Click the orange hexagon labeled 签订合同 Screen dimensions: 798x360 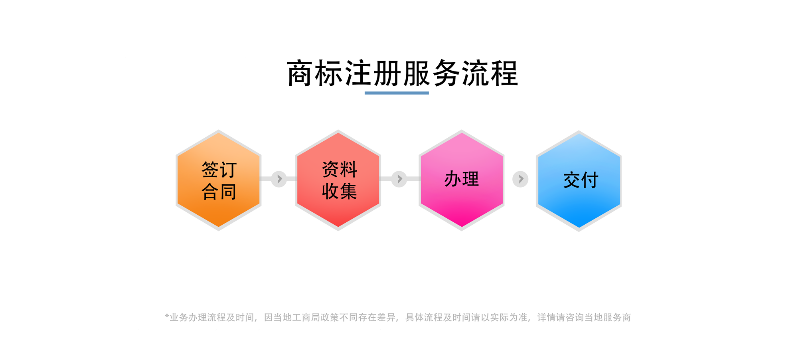[219, 180]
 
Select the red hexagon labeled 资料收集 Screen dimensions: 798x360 [338, 180]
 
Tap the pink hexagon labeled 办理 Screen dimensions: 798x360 [462, 180]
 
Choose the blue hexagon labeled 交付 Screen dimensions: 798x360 [579, 181]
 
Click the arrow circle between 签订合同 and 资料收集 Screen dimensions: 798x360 [279, 179]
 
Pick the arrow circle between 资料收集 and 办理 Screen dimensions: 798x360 [399, 179]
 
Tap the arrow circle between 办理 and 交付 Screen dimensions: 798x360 [520, 179]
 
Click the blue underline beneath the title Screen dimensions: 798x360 [397, 93]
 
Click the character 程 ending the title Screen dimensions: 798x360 [505, 73]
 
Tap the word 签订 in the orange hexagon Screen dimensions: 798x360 [219, 170]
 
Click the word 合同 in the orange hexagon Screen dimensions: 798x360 [219, 192]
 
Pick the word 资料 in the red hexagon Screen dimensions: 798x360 [340, 169]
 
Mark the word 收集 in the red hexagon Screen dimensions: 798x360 [340, 191]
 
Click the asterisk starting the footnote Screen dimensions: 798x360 [167, 316]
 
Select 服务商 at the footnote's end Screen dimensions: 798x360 [617, 317]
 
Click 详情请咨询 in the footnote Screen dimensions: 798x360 [561, 317]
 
